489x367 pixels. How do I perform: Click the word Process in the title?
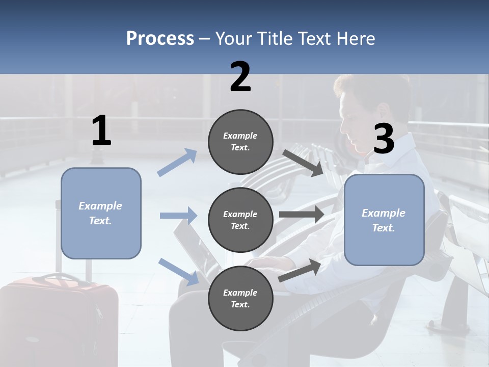[160, 39]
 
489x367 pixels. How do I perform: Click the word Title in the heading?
[276, 39]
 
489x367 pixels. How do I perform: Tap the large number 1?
[101, 131]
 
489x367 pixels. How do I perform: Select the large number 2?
[240, 77]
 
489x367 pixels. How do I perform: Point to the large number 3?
[384, 140]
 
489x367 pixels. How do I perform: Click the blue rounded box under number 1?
[101, 213]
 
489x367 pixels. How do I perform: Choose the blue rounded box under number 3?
[384, 220]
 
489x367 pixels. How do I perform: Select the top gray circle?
[240, 142]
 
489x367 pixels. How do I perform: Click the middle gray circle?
[240, 220]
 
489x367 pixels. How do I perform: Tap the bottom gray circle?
[240, 299]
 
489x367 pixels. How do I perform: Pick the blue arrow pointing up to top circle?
[177, 163]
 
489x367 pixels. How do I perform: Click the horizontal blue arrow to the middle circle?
[178, 216]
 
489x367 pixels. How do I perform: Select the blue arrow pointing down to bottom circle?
[178, 271]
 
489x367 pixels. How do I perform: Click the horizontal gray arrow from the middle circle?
[302, 215]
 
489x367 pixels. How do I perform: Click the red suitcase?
[59, 319]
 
